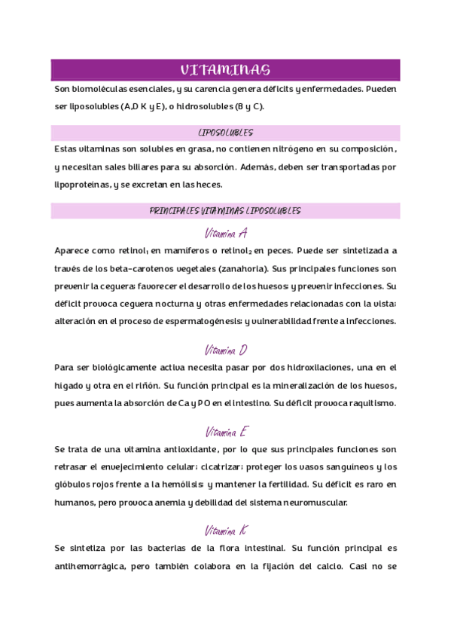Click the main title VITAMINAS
pos(225,70)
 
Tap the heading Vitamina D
pos(226,350)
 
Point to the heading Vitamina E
pos(226,433)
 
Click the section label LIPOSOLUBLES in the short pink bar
pos(225,132)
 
